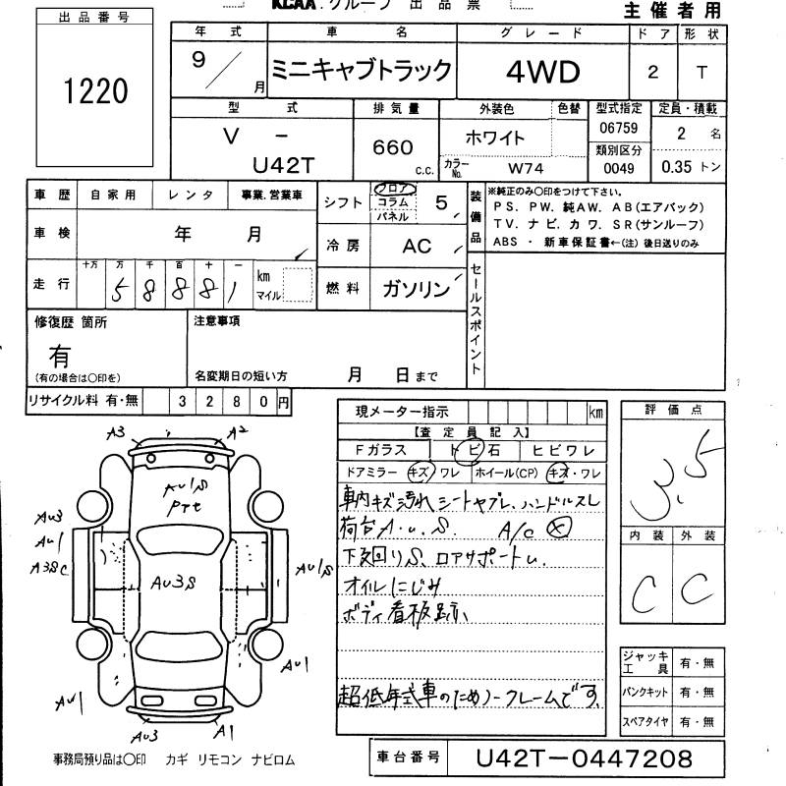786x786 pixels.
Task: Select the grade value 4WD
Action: pyautogui.click(x=543, y=71)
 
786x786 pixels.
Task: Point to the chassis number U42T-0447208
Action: pyautogui.click(x=584, y=758)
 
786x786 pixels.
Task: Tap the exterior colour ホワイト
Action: pyautogui.click(x=497, y=138)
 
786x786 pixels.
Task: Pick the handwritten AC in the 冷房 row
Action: pyautogui.click(x=417, y=246)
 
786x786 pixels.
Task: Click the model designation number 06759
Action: pyautogui.click(x=618, y=129)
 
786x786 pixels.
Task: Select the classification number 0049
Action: pyautogui.click(x=619, y=168)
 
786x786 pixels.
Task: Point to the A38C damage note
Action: pyautogui.click(x=50, y=567)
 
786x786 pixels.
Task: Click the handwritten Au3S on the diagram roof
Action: pyautogui.click(x=174, y=583)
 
